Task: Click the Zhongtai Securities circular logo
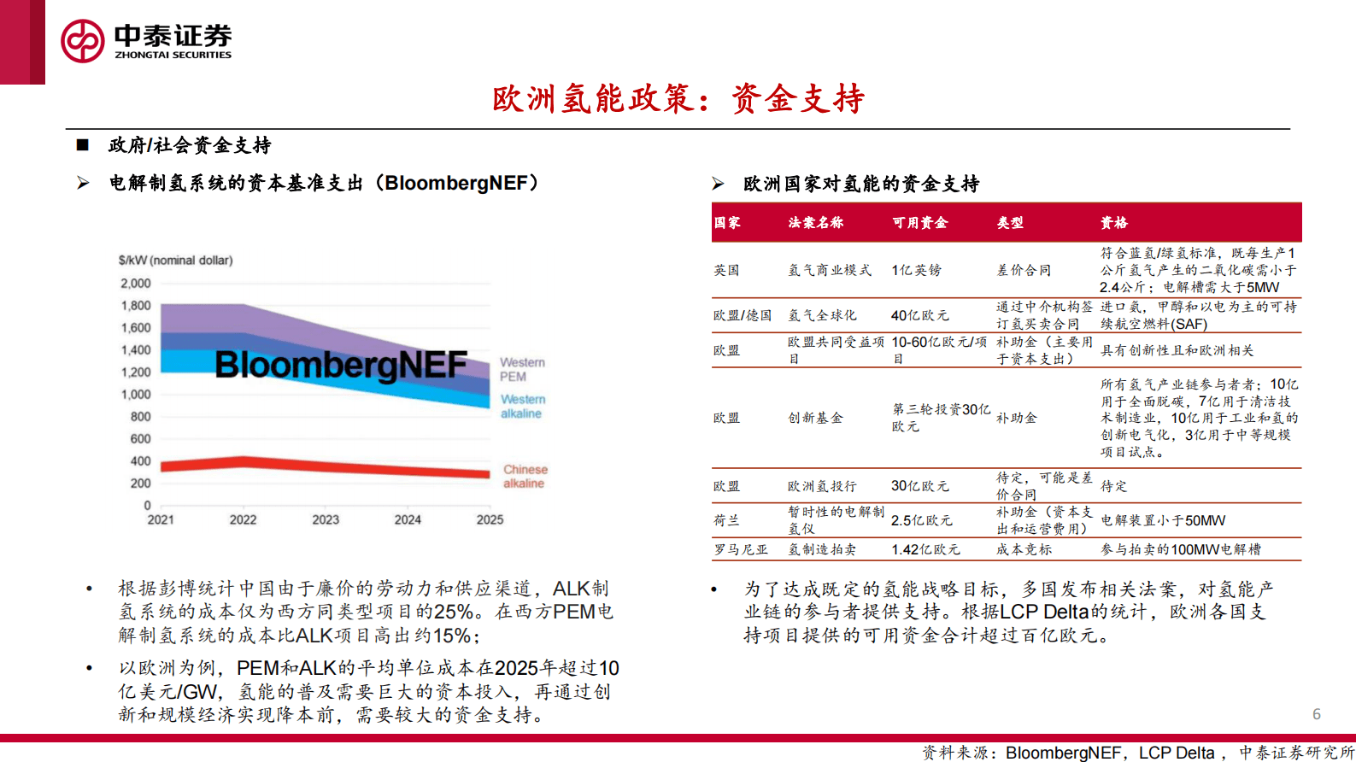82,40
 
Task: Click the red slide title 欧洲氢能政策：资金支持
678,98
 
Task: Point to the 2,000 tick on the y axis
136,284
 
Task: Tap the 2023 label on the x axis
325,519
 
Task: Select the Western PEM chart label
522,369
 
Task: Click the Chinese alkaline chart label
525,477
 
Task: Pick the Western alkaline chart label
522,406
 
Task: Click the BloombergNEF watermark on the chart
341,365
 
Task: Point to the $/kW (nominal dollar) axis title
175,261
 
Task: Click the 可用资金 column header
919,223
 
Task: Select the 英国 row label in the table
726,270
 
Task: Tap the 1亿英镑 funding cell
917,270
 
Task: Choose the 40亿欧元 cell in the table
920,315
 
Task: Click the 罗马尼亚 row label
741,549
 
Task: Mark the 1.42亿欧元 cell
925,549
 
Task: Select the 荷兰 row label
726,520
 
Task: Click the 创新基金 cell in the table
815,418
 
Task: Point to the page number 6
1317,714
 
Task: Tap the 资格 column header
1114,223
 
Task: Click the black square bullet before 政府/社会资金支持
83,145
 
